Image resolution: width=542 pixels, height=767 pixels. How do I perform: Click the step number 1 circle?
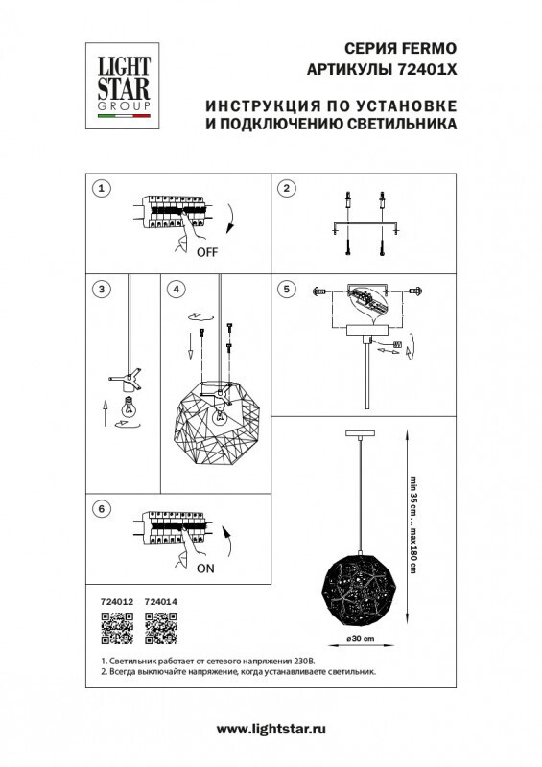[x=100, y=188]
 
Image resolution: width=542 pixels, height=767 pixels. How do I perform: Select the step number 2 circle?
[x=285, y=188]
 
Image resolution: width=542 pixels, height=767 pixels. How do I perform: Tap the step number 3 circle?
[x=100, y=288]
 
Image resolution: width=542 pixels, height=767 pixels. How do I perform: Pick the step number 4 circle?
[x=175, y=288]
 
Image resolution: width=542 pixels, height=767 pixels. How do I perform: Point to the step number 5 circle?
[x=285, y=288]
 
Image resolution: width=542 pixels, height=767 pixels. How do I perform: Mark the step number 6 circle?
[x=100, y=509]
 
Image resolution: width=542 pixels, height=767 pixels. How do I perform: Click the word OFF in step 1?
[x=207, y=253]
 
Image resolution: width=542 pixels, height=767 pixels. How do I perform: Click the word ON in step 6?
[x=204, y=568]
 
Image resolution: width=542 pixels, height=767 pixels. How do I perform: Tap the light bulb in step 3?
[x=125, y=407]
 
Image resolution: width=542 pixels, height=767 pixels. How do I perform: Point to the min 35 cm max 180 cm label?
[x=414, y=524]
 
